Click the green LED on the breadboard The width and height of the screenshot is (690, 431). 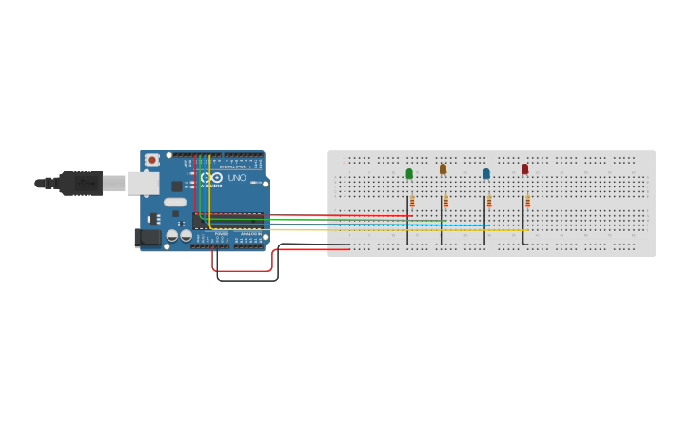(x=409, y=173)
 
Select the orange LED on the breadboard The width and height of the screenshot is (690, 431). (x=443, y=168)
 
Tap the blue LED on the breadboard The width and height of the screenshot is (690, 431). (x=486, y=173)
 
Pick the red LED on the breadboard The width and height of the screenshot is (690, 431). (x=524, y=168)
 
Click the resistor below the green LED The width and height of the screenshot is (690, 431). (x=412, y=202)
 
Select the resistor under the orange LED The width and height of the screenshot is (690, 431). (x=445, y=202)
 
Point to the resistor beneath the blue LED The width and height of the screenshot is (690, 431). (x=489, y=202)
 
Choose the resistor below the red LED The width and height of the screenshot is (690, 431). (x=527, y=202)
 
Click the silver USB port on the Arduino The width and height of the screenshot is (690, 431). (x=143, y=183)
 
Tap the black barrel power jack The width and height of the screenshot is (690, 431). (x=147, y=238)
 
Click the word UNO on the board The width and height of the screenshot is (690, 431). (x=237, y=178)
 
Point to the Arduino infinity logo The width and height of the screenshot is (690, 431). (x=211, y=177)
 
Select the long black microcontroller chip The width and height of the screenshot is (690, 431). (x=228, y=221)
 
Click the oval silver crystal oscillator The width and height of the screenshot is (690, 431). (x=175, y=202)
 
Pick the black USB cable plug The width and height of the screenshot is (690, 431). (x=81, y=183)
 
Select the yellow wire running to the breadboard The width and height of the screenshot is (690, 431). (x=381, y=229)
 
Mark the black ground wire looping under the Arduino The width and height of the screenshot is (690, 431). (x=247, y=280)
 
